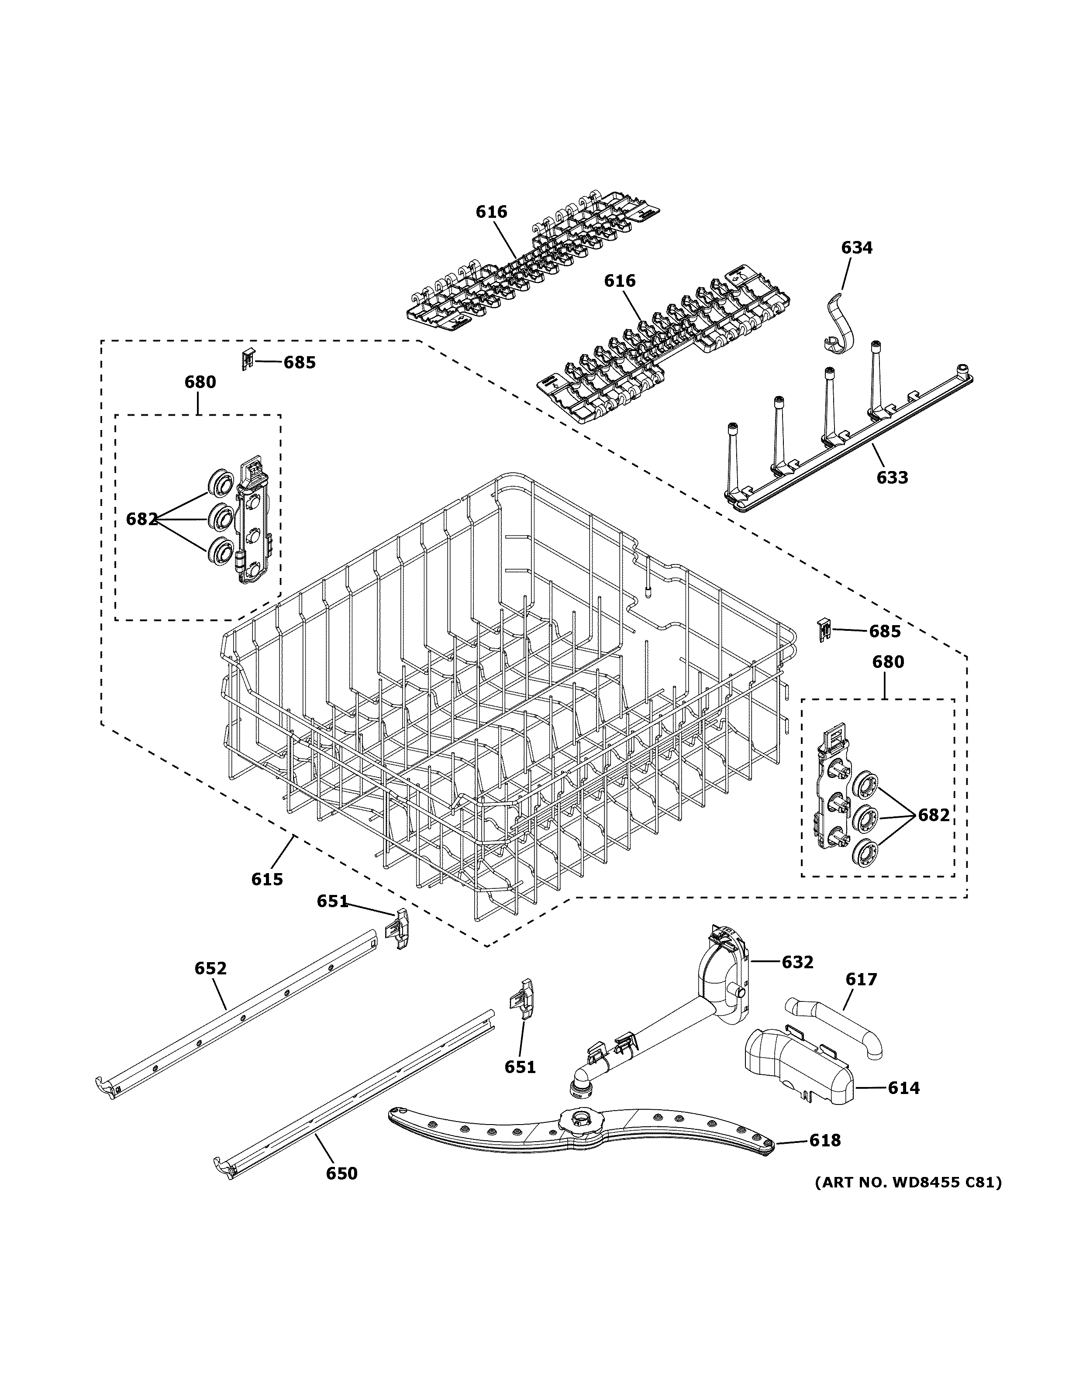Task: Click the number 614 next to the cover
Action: click(903, 1088)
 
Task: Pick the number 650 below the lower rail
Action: click(341, 1173)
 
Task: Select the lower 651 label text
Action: click(520, 1067)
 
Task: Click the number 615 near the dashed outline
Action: click(267, 879)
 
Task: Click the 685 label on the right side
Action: click(884, 631)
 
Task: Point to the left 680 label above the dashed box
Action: click(200, 382)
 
